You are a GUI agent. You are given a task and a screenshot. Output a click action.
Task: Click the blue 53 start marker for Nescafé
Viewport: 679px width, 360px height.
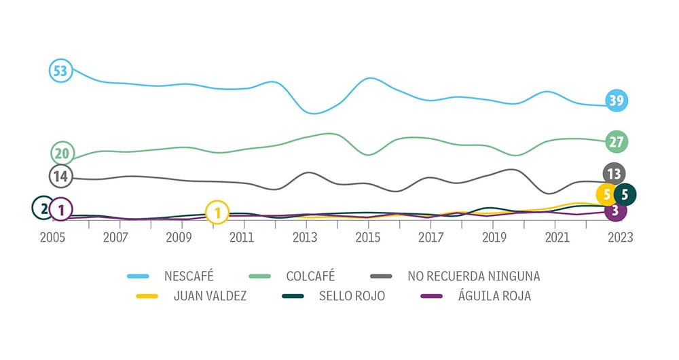coord(60,71)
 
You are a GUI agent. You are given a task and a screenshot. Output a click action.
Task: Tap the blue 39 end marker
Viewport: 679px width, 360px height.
coord(617,101)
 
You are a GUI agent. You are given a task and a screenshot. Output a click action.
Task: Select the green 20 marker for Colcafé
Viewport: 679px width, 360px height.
coord(62,154)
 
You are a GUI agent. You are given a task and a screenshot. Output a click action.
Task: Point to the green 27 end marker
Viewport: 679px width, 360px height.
coord(617,142)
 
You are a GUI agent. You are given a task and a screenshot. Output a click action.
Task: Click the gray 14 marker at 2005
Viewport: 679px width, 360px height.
coord(60,177)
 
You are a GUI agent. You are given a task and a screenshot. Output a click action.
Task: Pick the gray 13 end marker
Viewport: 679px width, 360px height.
coord(613,174)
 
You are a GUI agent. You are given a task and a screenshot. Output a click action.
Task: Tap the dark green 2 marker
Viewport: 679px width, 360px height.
coord(43,209)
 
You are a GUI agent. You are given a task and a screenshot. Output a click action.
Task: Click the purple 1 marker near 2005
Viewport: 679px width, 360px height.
coord(61,210)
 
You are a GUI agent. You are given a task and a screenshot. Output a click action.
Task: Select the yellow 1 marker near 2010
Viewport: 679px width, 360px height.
coord(217,213)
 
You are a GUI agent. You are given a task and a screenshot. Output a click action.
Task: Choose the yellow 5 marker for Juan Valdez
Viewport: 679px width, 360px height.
coord(606,195)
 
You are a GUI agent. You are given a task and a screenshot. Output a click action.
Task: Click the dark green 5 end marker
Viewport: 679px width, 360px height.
coord(625,195)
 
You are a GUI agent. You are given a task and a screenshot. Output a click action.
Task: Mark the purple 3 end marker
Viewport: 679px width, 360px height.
coord(615,211)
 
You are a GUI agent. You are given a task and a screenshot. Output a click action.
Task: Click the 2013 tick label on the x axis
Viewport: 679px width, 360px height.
coord(305,237)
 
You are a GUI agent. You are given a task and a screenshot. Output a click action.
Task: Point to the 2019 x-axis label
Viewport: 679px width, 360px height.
coord(494,237)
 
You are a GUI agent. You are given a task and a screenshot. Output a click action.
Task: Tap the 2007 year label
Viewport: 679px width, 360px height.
coord(115,237)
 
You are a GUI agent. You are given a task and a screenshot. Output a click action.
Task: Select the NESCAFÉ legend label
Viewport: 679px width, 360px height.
coord(189,276)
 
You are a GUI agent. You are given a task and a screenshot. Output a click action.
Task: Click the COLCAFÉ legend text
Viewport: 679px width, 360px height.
coord(310,276)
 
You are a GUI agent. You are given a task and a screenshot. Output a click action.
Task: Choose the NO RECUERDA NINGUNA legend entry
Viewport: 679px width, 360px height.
coord(474,276)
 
